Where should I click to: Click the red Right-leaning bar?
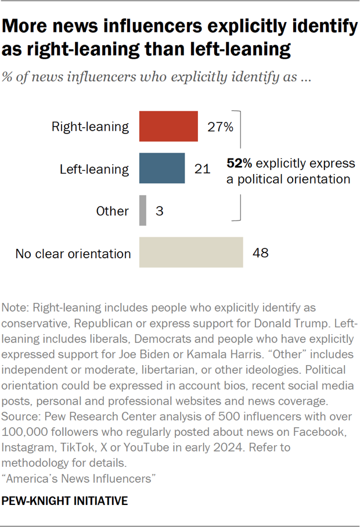[168, 127]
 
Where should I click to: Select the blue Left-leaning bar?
[162, 168]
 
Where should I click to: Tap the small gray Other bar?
[143, 210]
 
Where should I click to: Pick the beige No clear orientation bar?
[190, 252]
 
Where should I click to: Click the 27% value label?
[220, 127]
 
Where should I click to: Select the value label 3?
[159, 211]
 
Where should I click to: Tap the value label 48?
[261, 253]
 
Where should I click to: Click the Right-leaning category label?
[90, 127]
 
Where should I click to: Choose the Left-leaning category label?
[94, 169]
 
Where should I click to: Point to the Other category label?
[112, 211]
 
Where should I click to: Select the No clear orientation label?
[73, 253]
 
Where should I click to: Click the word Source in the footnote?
[18, 417]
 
